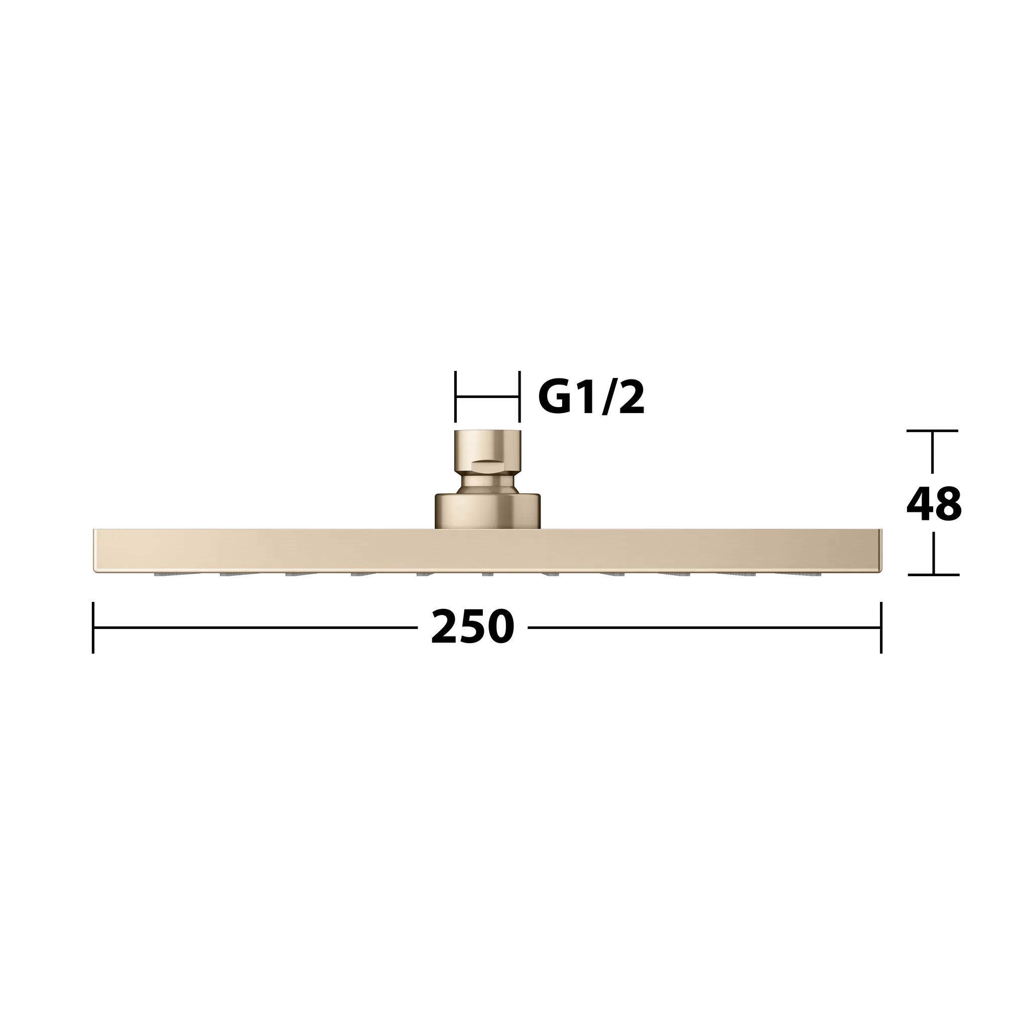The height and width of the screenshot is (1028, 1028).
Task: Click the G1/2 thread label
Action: point(591,398)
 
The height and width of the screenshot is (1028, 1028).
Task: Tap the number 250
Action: point(472,627)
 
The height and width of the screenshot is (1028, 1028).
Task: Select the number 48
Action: point(934,504)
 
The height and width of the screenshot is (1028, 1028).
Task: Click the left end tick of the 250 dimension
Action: point(93,627)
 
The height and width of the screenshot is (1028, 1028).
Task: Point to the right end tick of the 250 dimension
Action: point(881,627)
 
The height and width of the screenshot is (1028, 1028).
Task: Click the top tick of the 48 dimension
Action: point(932,431)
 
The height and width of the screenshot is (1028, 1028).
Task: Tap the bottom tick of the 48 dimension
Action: point(933,575)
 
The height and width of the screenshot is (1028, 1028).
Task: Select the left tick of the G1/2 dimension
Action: point(455,397)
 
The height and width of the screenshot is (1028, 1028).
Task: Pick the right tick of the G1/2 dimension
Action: point(519,397)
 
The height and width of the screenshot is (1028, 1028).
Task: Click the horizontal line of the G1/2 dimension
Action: point(487,397)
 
